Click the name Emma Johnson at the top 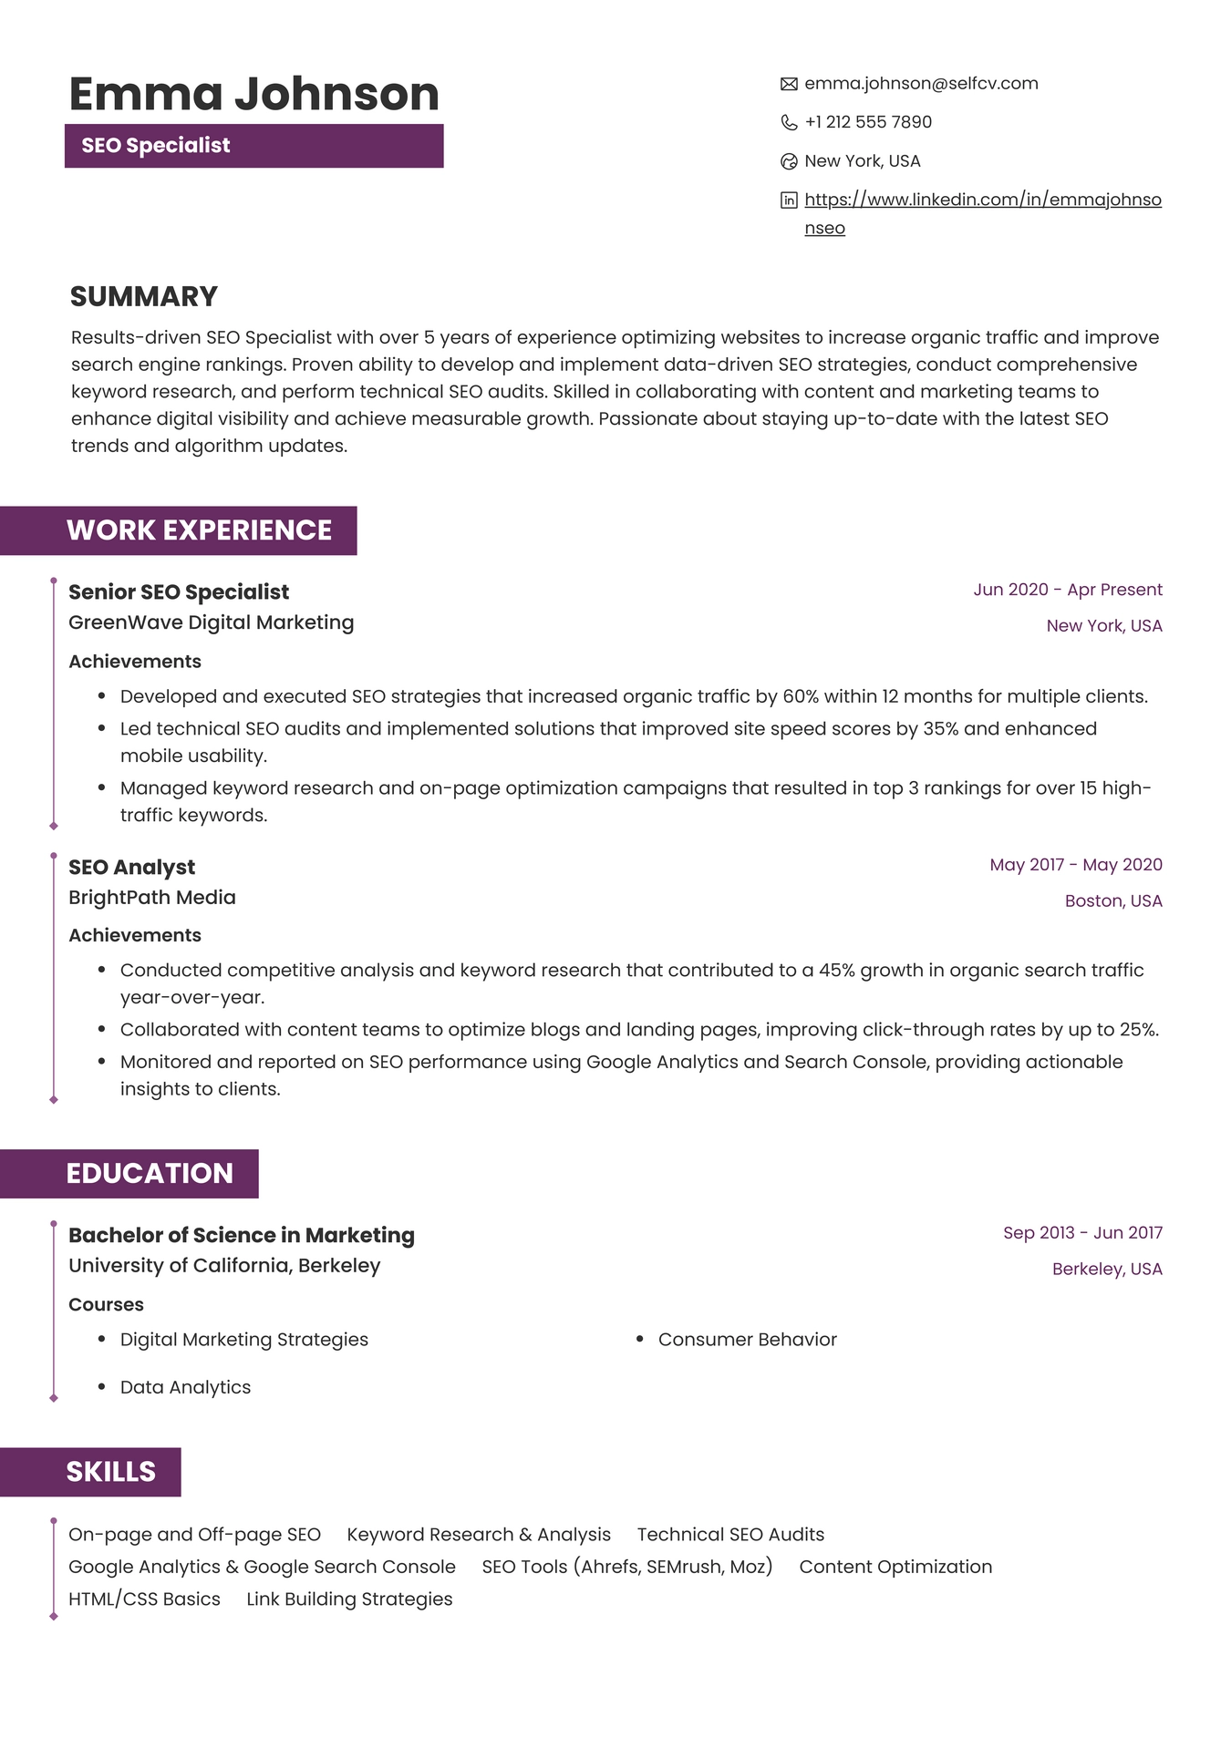tap(253, 94)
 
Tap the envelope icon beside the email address tap(789, 84)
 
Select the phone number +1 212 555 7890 tap(867, 122)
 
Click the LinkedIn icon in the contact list tap(789, 201)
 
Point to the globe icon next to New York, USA tap(789, 161)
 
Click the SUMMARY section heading tap(144, 296)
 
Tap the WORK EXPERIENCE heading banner tap(199, 530)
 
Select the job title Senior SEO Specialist tap(179, 592)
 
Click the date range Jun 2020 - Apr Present tap(1067, 590)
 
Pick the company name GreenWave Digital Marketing tap(211, 622)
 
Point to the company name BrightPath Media tap(152, 898)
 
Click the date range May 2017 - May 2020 tap(1075, 865)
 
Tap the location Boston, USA tap(1112, 901)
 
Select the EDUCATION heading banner tap(150, 1174)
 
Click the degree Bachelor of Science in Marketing tap(242, 1236)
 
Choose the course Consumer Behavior tap(747, 1340)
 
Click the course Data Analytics tap(185, 1387)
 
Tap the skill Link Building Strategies tap(349, 1599)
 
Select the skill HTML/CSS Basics tap(144, 1599)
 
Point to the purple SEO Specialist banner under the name tap(253, 146)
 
